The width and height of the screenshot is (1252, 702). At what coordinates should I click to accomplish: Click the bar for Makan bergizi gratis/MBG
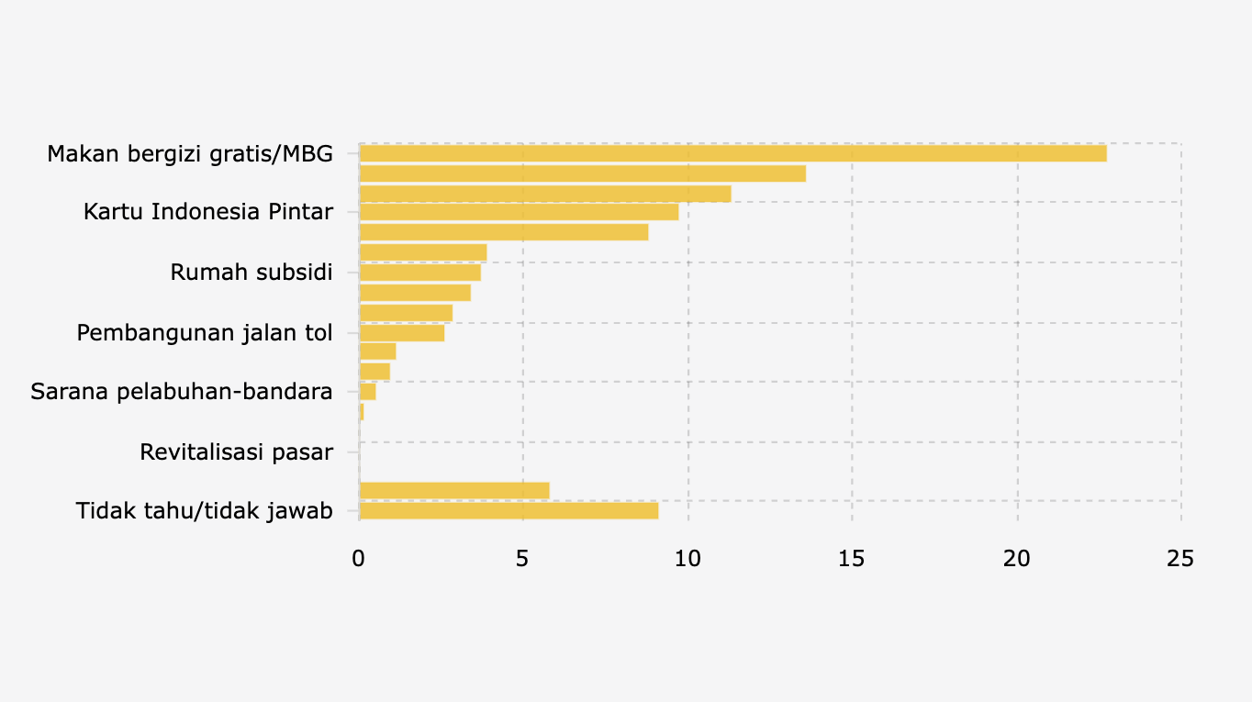(732, 153)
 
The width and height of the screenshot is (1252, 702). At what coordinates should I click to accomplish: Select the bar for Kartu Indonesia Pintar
(519, 212)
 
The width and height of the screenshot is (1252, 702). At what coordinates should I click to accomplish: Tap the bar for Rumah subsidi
(419, 273)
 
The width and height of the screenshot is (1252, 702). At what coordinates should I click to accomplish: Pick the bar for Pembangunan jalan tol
(402, 333)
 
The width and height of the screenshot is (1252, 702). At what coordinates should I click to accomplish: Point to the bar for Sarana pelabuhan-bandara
(367, 392)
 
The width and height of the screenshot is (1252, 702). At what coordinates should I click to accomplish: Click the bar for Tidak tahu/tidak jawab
(509, 511)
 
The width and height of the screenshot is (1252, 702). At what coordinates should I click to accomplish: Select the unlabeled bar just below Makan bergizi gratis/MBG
(582, 173)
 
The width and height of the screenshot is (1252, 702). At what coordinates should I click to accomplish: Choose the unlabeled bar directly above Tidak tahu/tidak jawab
(454, 491)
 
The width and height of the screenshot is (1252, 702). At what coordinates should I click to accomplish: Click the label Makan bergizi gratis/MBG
(190, 153)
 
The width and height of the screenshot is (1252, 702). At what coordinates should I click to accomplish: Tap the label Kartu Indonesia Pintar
(208, 212)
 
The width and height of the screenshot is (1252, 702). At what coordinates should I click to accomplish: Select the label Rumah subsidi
(252, 273)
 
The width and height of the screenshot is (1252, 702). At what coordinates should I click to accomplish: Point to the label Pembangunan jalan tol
(205, 333)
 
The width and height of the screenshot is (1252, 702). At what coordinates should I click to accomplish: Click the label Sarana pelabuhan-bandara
(182, 392)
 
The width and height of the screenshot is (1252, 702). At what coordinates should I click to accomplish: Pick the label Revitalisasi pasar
(236, 452)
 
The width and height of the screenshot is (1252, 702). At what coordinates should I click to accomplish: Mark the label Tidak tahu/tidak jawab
(205, 511)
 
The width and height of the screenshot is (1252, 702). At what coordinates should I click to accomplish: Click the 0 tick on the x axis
(359, 558)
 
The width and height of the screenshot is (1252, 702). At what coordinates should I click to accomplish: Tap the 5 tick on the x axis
(522, 558)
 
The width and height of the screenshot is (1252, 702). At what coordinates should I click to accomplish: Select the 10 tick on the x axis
(687, 558)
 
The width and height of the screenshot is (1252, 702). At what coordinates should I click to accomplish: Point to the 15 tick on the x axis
(852, 558)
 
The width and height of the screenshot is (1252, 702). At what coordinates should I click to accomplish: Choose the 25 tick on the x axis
(1180, 558)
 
